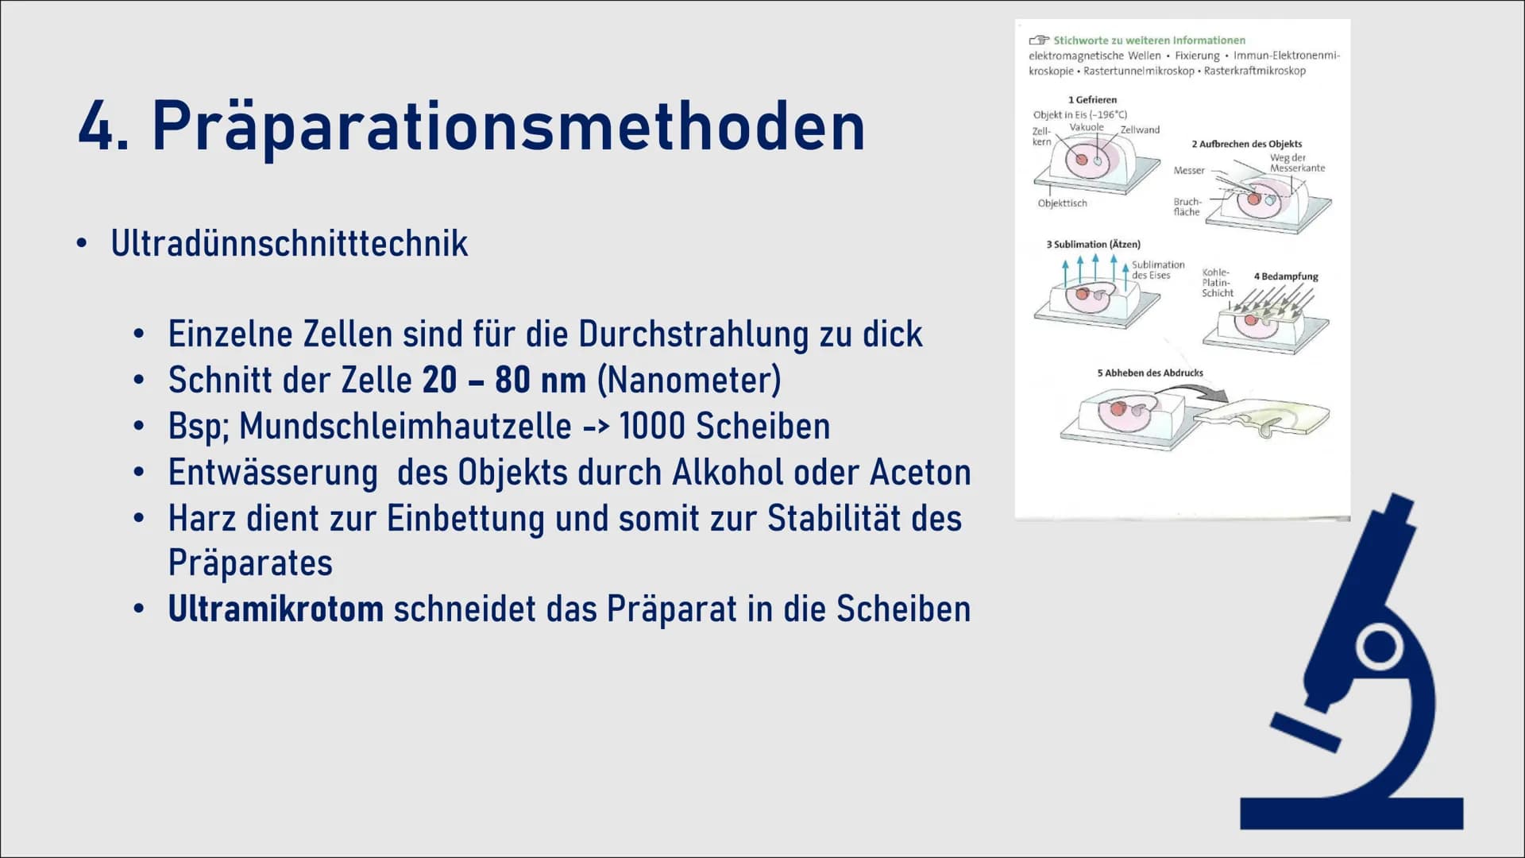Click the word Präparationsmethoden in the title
click(508, 127)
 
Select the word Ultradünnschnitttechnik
click(289, 243)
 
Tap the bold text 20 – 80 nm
click(504, 380)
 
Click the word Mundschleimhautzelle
click(405, 426)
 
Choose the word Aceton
click(921, 472)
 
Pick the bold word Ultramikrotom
click(276, 609)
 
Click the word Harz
click(202, 518)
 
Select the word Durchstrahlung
click(693, 334)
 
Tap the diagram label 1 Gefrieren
click(1092, 100)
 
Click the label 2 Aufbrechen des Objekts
click(1246, 144)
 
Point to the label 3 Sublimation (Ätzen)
click(1093, 244)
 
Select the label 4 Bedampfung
click(1286, 276)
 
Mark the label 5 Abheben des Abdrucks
click(1150, 373)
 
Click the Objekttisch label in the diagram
click(1062, 203)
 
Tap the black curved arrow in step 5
click(1191, 391)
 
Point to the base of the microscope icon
click(1351, 814)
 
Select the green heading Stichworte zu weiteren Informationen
click(1149, 41)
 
